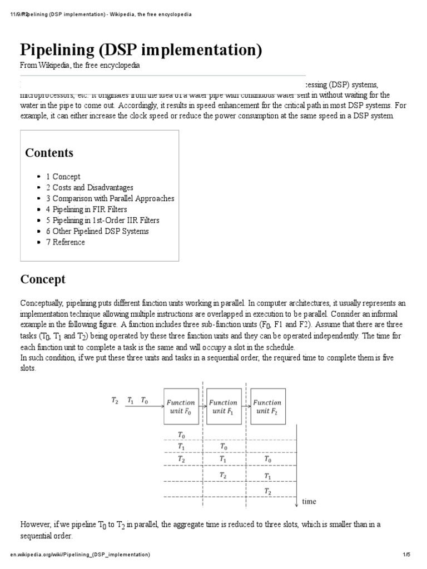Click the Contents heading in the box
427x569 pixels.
point(49,153)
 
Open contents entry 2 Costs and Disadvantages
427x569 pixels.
point(90,188)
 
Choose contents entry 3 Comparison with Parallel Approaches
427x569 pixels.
point(110,198)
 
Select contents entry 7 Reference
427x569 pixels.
point(66,242)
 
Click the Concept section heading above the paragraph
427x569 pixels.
point(43,279)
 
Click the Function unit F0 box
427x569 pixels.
point(181,406)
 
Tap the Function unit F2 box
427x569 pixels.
point(269,406)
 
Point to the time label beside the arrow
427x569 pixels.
point(309,501)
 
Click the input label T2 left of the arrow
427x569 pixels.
point(115,400)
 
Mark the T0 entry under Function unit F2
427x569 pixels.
point(268,460)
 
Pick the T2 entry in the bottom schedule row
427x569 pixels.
point(268,492)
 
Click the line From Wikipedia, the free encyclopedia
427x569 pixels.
point(80,66)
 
